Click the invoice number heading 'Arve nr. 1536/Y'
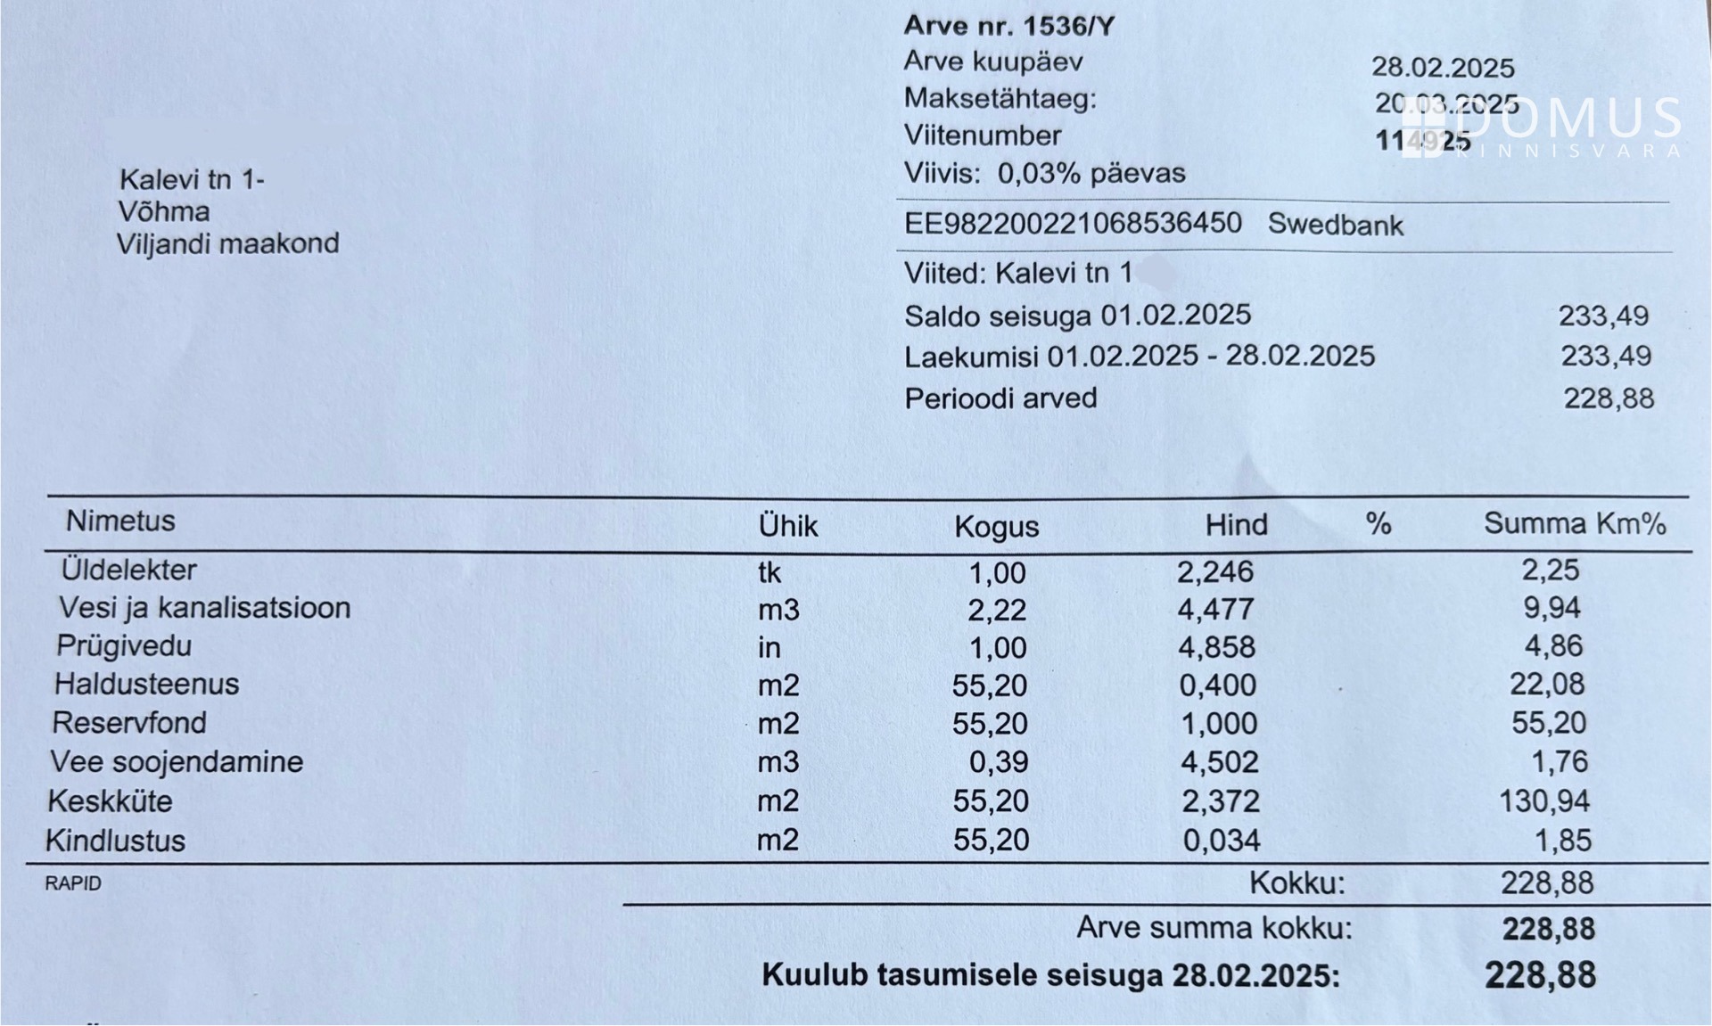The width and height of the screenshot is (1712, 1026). [x=1008, y=26]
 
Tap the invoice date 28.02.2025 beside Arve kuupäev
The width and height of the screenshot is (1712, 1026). [x=1442, y=68]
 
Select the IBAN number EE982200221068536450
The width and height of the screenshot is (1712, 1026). [x=1072, y=223]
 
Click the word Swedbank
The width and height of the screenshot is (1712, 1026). [x=1335, y=225]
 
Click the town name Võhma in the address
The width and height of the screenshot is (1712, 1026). [x=164, y=212]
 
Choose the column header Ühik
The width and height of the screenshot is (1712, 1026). [x=787, y=526]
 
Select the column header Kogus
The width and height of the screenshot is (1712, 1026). [x=996, y=527]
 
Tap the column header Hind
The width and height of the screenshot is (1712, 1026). [x=1236, y=525]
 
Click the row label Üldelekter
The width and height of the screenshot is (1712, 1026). [x=128, y=570]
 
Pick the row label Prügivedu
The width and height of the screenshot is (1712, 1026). [x=124, y=645]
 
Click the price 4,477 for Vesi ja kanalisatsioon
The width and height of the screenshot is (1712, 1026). [x=1215, y=609]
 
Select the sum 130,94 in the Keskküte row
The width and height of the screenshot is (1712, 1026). [x=1544, y=800]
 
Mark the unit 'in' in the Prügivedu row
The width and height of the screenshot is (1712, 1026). [x=769, y=648]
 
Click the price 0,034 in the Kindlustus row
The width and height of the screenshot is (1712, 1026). [x=1221, y=840]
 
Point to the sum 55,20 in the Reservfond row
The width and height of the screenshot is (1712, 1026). [x=1548, y=723]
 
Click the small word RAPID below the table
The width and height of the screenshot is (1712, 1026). [x=73, y=883]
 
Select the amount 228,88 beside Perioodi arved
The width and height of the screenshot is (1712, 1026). [x=1608, y=398]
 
